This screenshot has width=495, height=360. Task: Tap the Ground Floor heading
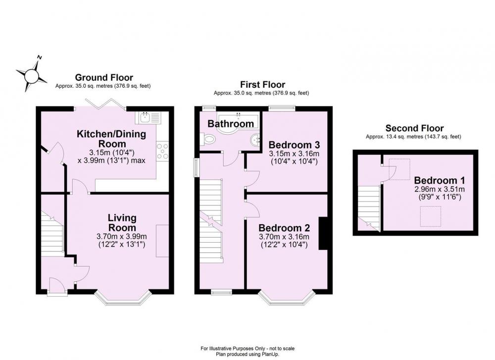104,77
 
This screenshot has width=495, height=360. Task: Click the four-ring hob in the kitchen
162,151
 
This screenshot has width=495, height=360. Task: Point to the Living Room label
122,222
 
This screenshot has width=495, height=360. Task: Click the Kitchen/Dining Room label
111,139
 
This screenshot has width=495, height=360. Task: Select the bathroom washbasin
255,139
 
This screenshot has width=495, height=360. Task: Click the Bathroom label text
231,123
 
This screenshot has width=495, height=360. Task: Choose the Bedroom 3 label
294,145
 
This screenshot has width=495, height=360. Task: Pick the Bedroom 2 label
284,228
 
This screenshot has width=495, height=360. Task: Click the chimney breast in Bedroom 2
323,234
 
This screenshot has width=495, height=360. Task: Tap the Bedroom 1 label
439,180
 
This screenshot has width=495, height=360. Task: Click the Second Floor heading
414,128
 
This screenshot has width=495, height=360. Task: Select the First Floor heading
263,85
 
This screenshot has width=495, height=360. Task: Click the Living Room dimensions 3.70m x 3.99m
122,236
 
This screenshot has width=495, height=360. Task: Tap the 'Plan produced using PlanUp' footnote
247,355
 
